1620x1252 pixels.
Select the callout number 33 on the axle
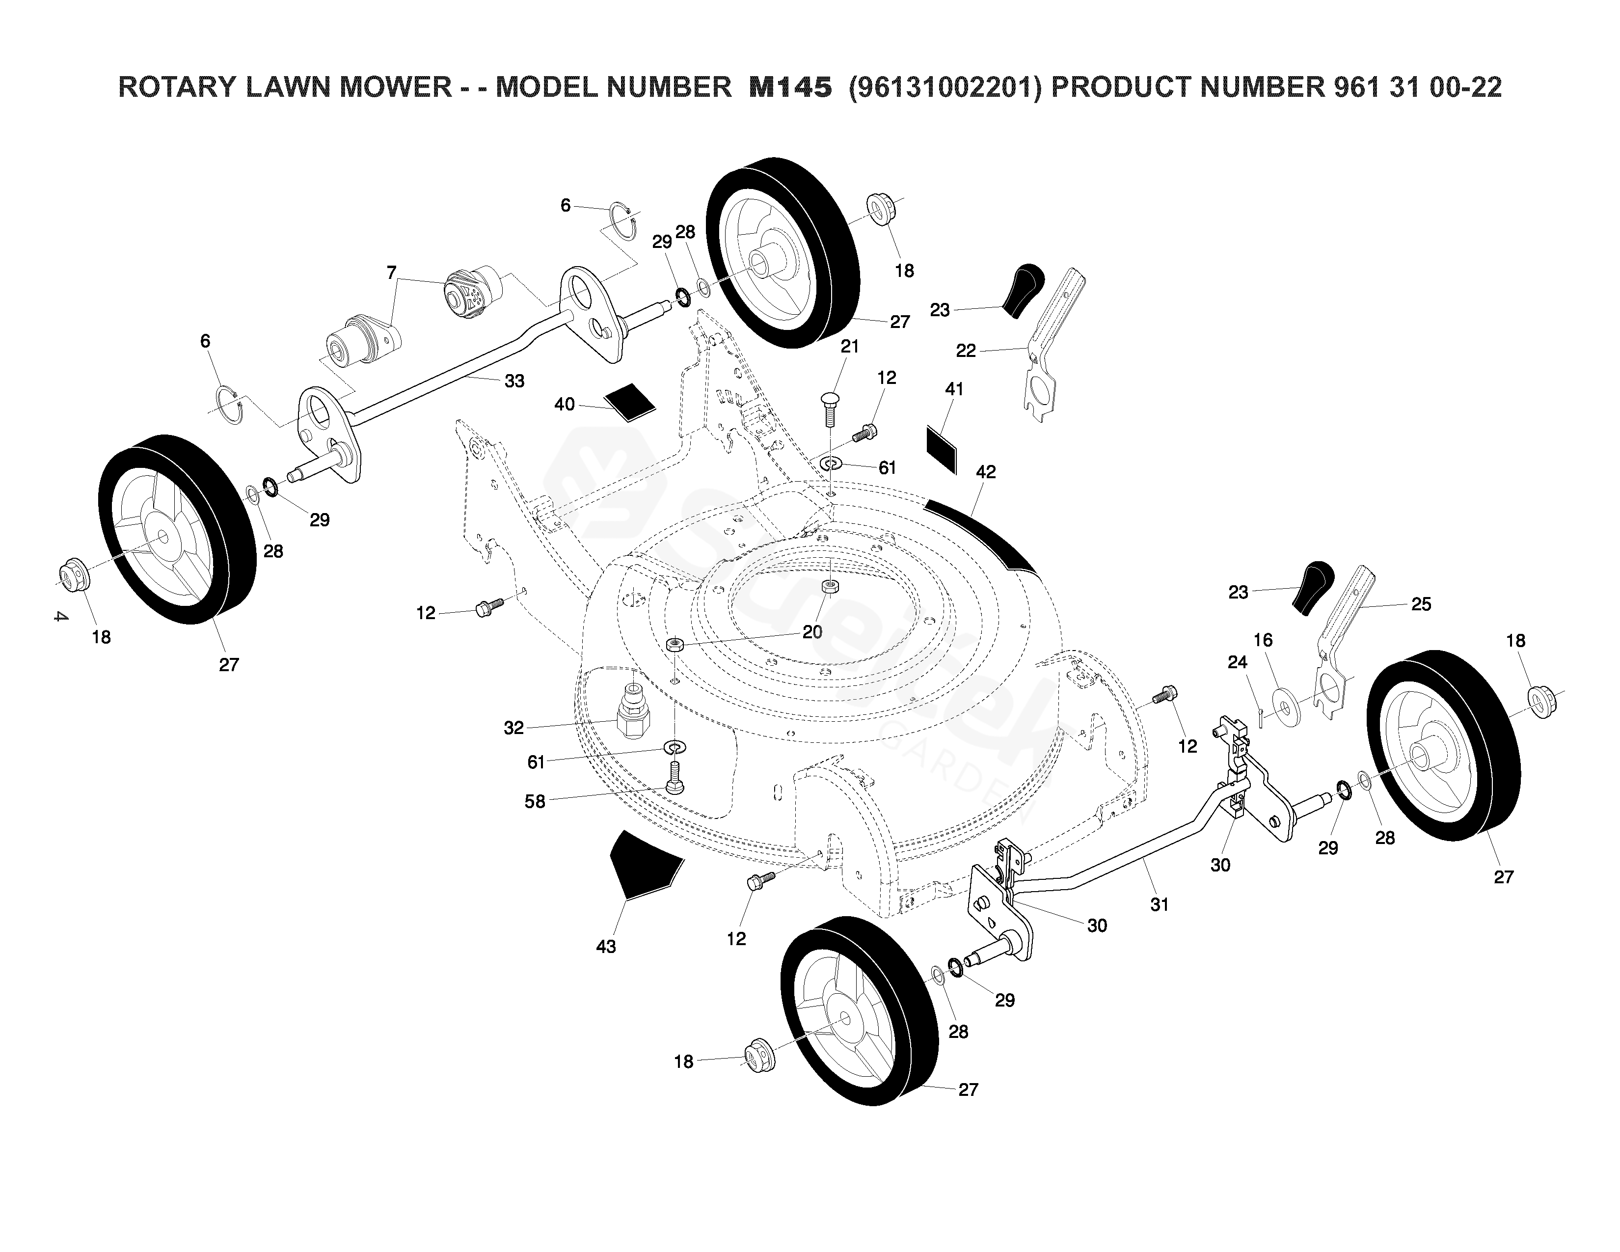point(514,381)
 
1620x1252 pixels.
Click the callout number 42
point(986,472)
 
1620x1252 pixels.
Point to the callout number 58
point(535,802)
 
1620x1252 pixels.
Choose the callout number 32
point(513,728)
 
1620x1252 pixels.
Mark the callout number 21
point(849,346)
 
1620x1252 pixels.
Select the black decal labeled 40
point(630,402)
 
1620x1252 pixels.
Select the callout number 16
point(1263,640)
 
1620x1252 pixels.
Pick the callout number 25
point(1421,604)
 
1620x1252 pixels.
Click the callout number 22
point(965,351)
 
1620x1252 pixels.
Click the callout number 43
point(606,947)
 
